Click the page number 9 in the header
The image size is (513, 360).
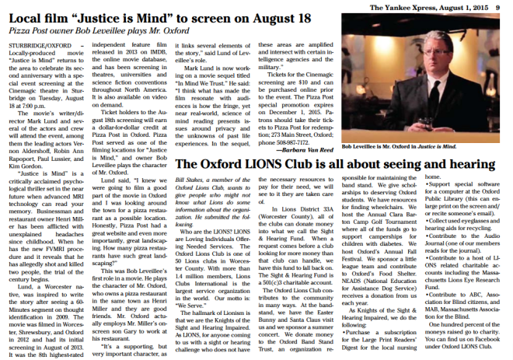coord(506,5)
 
